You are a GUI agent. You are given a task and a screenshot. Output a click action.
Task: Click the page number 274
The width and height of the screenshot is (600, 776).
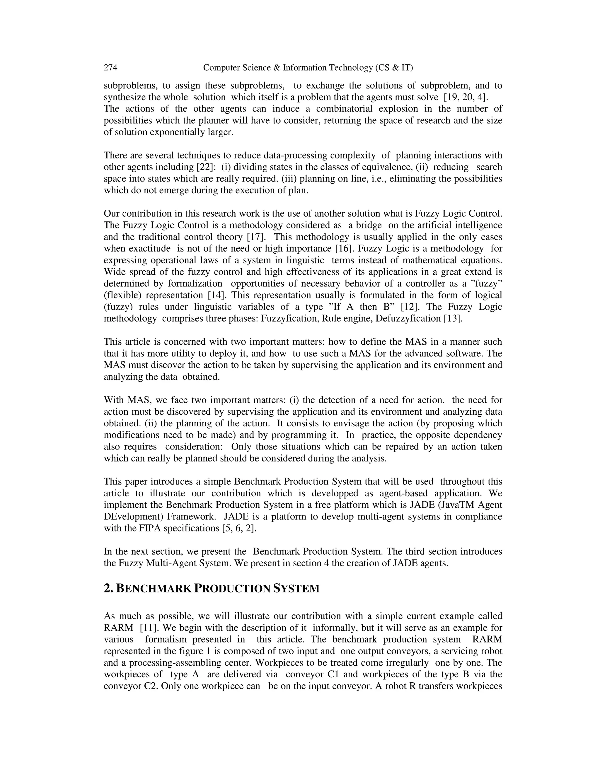(x=110, y=68)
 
